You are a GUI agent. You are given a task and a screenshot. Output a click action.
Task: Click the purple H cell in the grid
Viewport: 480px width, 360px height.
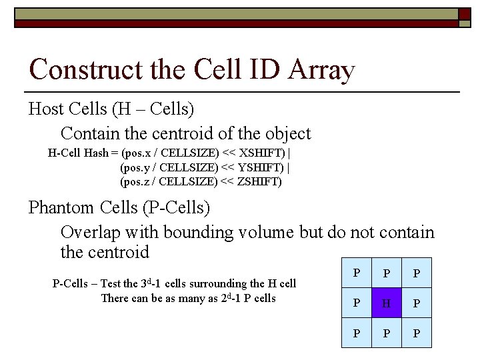click(x=387, y=303)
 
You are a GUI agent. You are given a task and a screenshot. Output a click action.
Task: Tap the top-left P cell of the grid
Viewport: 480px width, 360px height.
click(x=357, y=273)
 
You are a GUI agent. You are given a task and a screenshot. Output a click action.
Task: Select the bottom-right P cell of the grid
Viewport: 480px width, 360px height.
click(x=417, y=333)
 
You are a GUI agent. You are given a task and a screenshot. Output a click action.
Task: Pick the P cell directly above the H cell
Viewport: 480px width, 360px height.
click(x=387, y=273)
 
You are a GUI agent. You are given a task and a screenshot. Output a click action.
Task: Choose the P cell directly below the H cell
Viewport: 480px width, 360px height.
click(x=387, y=333)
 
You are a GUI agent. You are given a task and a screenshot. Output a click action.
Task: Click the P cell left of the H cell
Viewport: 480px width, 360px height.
click(x=357, y=303)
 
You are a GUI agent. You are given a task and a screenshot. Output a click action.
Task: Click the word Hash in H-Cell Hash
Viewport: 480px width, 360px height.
click(x=97, y=152)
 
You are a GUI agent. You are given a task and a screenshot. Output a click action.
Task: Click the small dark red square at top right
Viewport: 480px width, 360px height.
click(x=464, y=13)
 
